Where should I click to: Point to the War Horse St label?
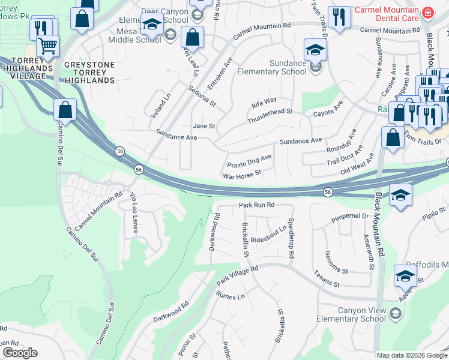click(x=242, y=174)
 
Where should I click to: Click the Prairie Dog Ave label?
click(x=250, y=161)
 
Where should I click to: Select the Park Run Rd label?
click(x=256, y=205)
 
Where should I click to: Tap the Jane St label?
click(x=203, y=126)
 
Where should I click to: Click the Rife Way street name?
click(x=264, y=100)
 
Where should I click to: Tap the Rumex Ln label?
click(x=231, y=295)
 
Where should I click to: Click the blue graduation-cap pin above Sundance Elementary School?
click(x=315, y=49)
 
